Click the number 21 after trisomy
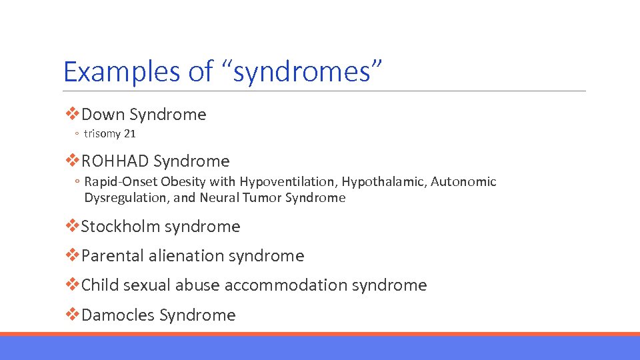tap(129, 134)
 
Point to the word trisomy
tap(102, 134)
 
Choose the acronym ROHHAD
tap(115, 161)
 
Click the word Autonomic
tap(464, 182)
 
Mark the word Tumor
tap(263, 198)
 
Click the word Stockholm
tap(120, 227)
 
